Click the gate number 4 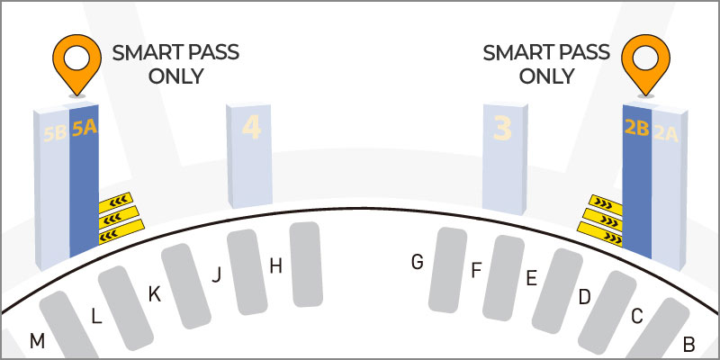coord(252,127)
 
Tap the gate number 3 coord(502,128)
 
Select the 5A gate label coord(85,129)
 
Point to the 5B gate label coord(55,133)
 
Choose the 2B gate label coord(636,129)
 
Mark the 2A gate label coord(666,133)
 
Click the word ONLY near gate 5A coord(175,76)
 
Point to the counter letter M coord(37,341)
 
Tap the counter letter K coord(154,295)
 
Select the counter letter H coord(275,265)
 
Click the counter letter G coord(417,262)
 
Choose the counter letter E coord(531,278)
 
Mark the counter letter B coord(688,344)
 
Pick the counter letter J coord(216,275)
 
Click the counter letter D coord(584,297)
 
